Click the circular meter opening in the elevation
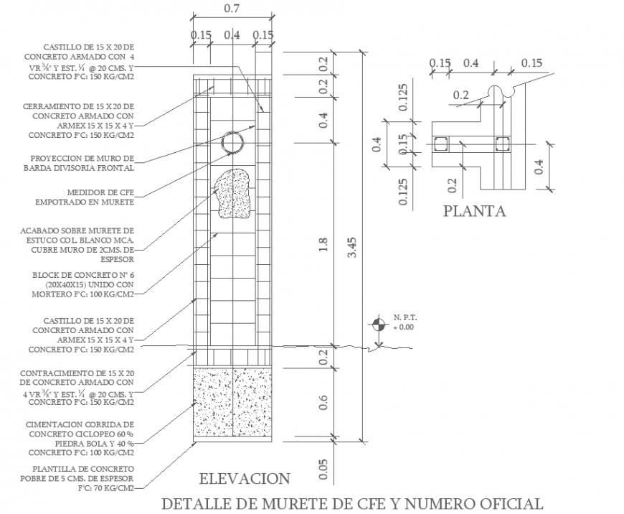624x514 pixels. (x=232, y=144)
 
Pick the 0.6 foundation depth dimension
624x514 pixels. (x=323, y=403)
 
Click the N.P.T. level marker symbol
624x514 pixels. (x=378, y=325)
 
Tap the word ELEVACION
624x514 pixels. (x=245, y=479)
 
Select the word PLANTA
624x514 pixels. (x=474, y=212)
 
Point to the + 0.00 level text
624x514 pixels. (x=404, y=327)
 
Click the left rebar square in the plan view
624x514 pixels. (x=440, y=144)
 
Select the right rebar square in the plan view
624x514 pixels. (x=503, y=144)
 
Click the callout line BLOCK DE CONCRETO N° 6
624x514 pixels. (x=83, y=275)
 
